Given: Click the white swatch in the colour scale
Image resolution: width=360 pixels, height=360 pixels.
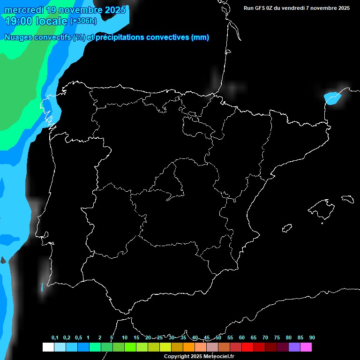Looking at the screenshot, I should (x=48, y=347).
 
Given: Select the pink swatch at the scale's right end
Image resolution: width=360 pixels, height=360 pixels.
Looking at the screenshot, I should (x=306, y=347).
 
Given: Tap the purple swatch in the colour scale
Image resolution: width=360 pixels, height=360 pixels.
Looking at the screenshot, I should (x=294, y=347).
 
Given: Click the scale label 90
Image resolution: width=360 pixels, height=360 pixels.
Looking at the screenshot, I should (x=312, y=337).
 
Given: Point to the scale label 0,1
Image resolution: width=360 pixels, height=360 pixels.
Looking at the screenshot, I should (x=55, y=337).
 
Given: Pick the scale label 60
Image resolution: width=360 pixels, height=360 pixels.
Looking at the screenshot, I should (x=242, y=337).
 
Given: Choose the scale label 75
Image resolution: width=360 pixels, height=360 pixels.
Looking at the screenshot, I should (x=277, y=337).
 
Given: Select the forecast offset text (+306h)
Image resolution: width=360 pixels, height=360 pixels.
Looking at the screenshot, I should (x=83, y=21).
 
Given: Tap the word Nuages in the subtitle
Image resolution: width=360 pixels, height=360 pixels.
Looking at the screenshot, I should (x=18, y=37).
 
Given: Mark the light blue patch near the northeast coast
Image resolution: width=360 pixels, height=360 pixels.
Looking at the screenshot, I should (x=332, y=98).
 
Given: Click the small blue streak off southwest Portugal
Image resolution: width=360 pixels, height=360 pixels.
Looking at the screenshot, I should (x=42, y=286).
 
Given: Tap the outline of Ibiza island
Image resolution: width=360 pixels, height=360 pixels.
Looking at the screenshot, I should (x=287, y=228).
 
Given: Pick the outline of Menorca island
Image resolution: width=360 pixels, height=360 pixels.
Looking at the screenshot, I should (x=347, y=198).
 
